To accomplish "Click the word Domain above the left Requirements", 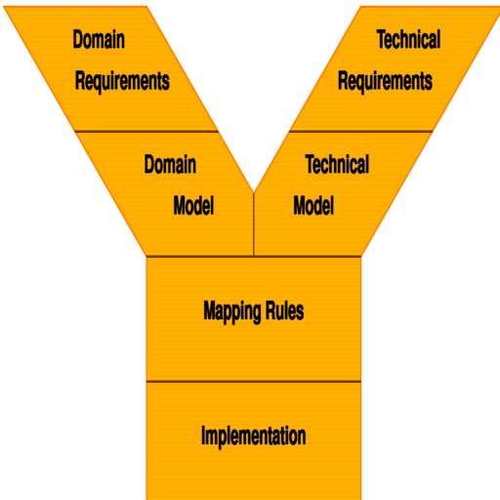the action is tap(99, 39).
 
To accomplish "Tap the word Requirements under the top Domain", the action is tap(122, 81).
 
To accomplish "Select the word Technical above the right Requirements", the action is tap(408, 39).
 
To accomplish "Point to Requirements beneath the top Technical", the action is tap(385, 81).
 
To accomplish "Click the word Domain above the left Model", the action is tap(170, 164).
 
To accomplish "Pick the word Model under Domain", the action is tap(193, 206).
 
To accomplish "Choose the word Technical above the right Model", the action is tap(337, 164).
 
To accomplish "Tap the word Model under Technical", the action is tap(313, 206).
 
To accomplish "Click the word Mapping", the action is tap(230, 312).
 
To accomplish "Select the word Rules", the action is tap(285, 311).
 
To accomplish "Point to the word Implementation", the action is tap(254, 437).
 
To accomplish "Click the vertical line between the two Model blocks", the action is tap(254, 225).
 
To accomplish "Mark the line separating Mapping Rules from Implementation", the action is tap(254, 381).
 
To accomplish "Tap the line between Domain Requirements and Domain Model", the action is tap(146, 132).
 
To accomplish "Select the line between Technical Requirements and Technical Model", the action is tap(360, 132).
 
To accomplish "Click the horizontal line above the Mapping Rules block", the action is tap(254, 257).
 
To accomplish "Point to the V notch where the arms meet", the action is tap(254, 192).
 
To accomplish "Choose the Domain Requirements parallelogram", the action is tap(110, 68).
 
